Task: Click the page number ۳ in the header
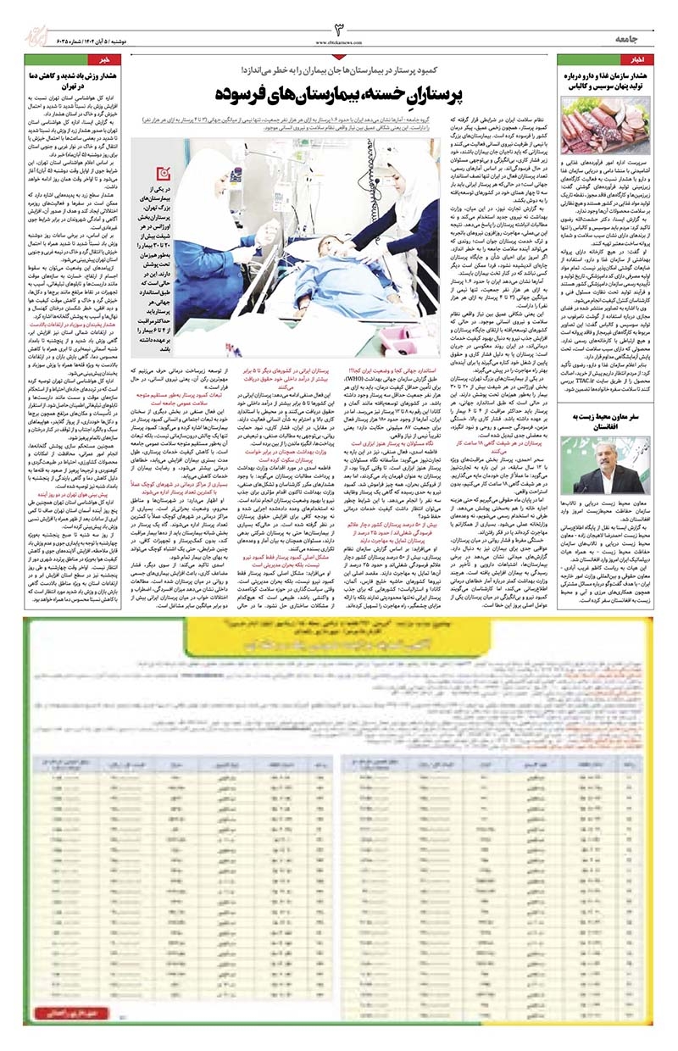[338, 30]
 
